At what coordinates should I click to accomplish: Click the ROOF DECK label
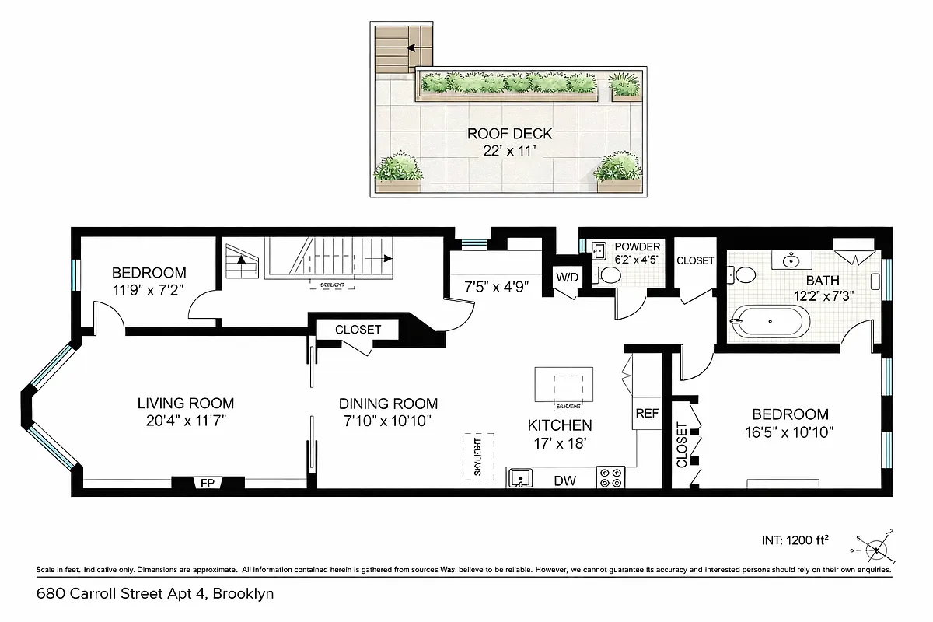(x=509, y=133)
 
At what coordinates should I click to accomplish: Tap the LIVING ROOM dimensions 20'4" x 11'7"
(x=186, y=421)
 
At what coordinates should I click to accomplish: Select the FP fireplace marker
(x=207, y=483)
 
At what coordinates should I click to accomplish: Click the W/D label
(x=565, y=277)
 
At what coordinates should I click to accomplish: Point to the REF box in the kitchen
(x=647, y=414)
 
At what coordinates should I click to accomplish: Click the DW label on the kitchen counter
(x=564, y=481)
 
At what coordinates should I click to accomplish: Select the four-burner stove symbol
(x=610, y=477)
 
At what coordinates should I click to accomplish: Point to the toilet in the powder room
(x=610, y=274)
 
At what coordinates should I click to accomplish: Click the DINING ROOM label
(x=388, y=404)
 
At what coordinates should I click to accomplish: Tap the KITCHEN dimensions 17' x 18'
(x=560, y=443)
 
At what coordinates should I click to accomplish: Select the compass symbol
(x=876, y=549)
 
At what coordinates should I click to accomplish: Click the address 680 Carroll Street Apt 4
(x=155, y=594)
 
